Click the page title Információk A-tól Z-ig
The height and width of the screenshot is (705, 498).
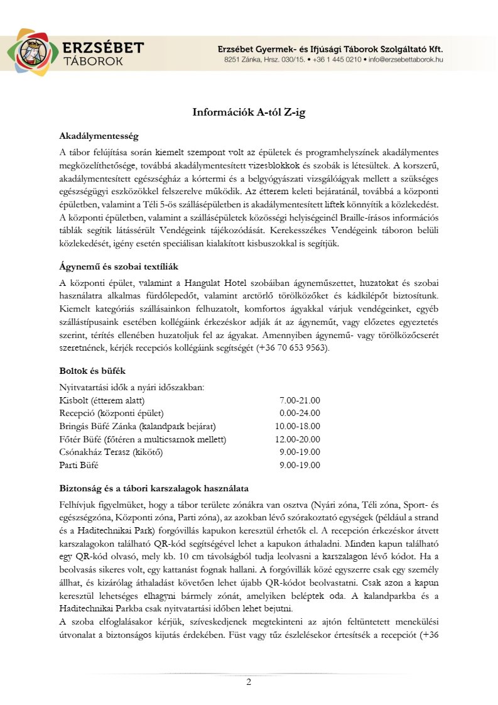[249, 112]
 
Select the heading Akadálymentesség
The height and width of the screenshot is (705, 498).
[98, 136]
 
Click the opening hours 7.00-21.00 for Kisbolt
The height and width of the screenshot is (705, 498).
[300, 400]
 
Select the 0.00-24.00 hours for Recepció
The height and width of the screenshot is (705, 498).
[300, 413]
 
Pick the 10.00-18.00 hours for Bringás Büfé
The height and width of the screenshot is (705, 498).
[298, 426]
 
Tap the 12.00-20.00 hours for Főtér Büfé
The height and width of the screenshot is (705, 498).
[298, 439]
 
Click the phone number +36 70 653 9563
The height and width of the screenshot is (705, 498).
[291, 348]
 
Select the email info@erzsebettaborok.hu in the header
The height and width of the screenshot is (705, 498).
[406, 60]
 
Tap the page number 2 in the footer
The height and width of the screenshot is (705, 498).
[249, 682]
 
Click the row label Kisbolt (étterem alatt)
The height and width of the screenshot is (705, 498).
[102, 400]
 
